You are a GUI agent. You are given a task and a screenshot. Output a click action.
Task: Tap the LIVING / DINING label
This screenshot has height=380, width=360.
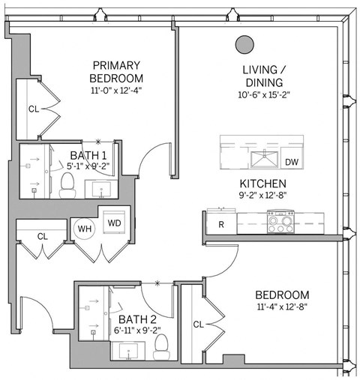pos(262,76)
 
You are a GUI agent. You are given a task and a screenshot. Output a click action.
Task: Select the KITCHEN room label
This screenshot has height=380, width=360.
pos(261,184)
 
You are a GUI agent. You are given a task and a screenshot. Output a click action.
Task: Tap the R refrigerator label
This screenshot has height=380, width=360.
pos(221,224)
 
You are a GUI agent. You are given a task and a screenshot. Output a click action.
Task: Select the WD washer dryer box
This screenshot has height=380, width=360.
pos(113,223)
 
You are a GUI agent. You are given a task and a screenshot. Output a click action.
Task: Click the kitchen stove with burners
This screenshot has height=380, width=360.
pos(281,220)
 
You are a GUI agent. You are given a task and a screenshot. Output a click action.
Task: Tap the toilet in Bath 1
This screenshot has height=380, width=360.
pos(67,181)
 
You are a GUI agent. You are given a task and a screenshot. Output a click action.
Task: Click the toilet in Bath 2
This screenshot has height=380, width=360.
pos(160,344)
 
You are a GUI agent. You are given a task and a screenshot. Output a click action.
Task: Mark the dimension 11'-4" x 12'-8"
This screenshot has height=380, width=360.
pos(281,307)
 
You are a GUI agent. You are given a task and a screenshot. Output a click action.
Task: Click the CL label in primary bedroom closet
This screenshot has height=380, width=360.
pos(33,109)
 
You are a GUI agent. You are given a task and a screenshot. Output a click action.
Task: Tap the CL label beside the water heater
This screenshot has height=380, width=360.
pos(42,236)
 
